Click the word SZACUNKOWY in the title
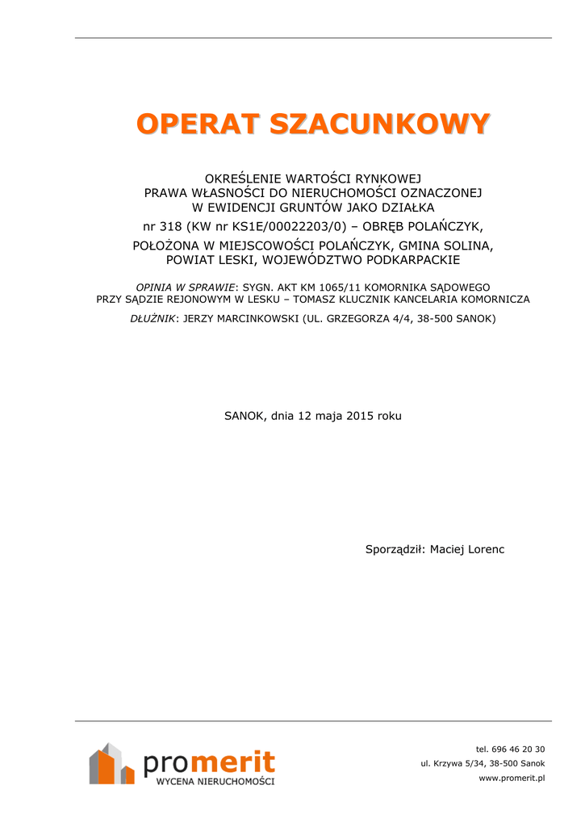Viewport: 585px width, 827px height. tap(379, 124)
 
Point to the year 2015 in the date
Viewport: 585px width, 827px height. tap(361, 416)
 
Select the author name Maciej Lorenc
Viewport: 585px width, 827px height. tap(467, 549)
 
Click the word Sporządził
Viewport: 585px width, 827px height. tap(395, 549)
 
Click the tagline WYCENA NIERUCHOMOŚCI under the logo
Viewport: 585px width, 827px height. tap(215, 782)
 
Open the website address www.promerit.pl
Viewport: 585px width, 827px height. tap(512, 778)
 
